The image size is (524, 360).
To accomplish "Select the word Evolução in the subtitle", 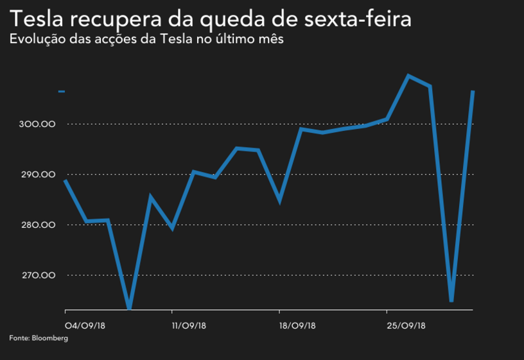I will (x=35, y=39).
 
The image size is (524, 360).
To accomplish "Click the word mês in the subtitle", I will (x=270, y=39).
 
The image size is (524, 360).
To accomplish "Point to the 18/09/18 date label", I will (x=297, y=325).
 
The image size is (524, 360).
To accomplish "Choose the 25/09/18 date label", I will (x=405, y=325).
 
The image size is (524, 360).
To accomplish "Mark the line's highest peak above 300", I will (x=408, y=76).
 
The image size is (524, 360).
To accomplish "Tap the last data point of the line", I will (x=473, y=91).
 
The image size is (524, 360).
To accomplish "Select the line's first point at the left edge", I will (x=65, y=180).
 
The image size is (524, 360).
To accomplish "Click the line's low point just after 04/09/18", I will (x=130, y=308).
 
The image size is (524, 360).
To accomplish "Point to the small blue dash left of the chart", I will (x=62, y=92).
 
